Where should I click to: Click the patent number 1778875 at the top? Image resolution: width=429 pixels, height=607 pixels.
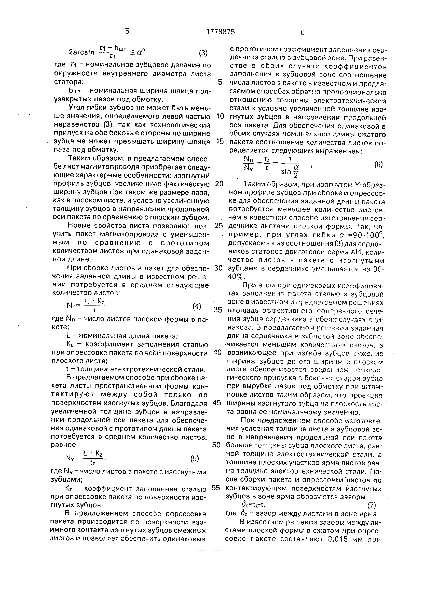(220, 32)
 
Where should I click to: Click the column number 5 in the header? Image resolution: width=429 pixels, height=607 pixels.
(127, 31)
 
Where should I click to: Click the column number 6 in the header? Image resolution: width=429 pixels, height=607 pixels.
(303, 32)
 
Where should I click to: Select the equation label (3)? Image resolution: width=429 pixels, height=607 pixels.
(203, 53)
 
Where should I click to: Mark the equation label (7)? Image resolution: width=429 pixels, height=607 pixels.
(371, 505)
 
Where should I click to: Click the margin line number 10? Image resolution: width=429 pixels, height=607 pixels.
(220, 116)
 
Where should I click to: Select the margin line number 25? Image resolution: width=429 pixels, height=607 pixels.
(219, 226)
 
